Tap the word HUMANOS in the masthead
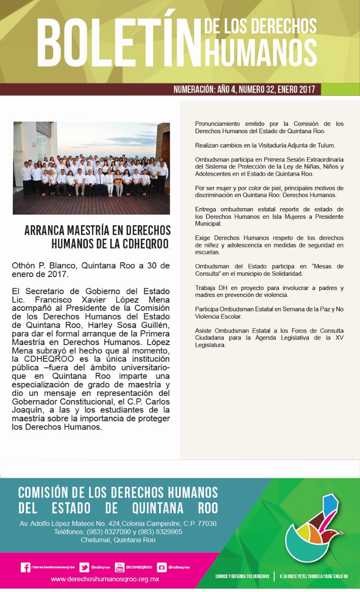coord(261,52)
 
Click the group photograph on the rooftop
coord(92,168)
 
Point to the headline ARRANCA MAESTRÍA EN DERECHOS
coord(98,230)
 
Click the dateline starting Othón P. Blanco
coord(91,270)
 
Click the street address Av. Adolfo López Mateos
coord(118,524)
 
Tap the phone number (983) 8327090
coord(114,532)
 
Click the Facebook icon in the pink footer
coord(26,567)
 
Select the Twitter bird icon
coord(84,567)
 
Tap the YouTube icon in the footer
coord(120,567)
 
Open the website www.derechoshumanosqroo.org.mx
coord(105,579)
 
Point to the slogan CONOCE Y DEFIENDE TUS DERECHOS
coord(242,576)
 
